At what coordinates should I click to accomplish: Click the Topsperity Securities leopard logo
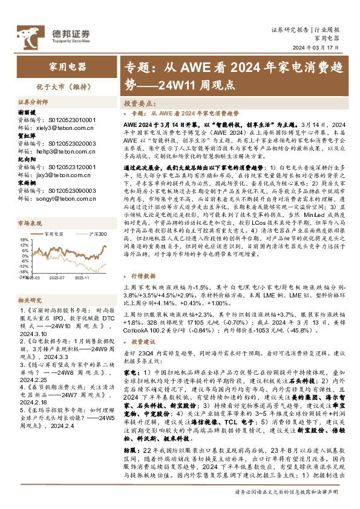click(x=29, y=35)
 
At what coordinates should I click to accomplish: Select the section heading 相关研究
click(x=29, y=300)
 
